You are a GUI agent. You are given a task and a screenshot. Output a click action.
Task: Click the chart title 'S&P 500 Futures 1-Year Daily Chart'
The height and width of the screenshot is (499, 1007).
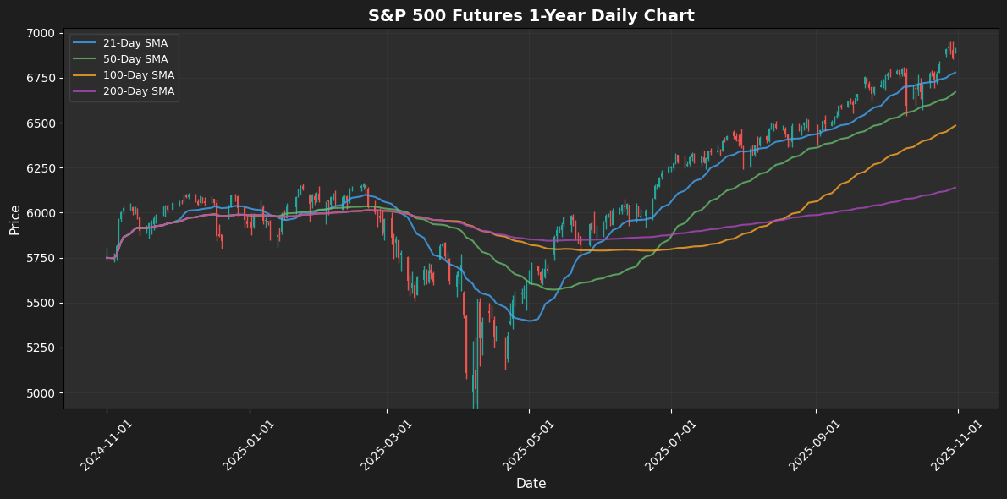click(x=531, y=15)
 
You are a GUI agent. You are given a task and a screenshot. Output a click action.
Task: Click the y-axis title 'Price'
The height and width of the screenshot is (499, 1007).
click(x=15, y=220)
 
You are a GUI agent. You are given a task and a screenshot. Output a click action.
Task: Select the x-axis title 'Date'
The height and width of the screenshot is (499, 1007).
click(x=531, y=484)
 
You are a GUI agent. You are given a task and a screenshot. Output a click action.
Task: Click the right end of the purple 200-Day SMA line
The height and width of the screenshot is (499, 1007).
click(x=956, y=188)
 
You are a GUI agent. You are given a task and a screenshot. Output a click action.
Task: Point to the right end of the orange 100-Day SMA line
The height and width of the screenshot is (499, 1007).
click(x=956, y=125)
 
